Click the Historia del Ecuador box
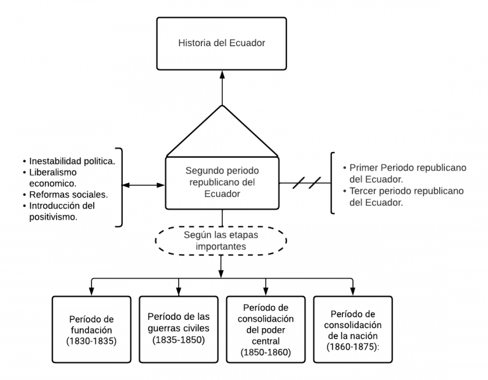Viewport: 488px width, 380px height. [x=221, y=44]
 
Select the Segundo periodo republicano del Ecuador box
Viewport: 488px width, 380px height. [x=222, y=182]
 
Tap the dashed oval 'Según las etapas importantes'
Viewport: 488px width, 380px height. [x=221, y=239]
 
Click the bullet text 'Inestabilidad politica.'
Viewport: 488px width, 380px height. [x=72, y=161]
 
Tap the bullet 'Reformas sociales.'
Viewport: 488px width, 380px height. [x=68, y=194]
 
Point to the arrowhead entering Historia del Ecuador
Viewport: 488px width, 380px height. [x=222, y=74]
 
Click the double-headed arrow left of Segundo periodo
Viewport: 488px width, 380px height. [x=143, y=185]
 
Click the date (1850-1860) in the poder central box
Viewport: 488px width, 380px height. [x=265, y=351]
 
